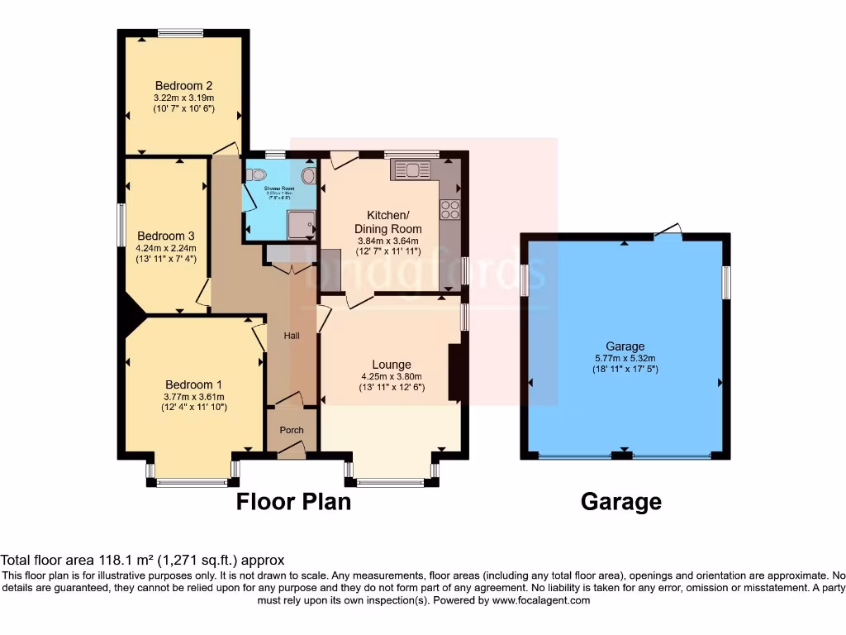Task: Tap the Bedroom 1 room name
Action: click(x=193, y=384)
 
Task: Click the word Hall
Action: click(x=292, y=336)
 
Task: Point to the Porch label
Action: click(x=292, y=430)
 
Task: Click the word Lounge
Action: click(x=391, y=365)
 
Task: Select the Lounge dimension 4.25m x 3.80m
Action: click(x=391, y=376)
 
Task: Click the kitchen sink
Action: click(x=411, y=170)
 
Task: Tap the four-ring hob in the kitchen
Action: click(x=450, y=210)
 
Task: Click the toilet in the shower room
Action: click(x=255, y=174)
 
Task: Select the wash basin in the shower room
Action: click(x=309, y=175)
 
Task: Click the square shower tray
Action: click(x=299, y=224)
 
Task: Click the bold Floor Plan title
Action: click(x=293, y=501)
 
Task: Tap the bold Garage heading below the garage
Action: click(x=621, y=501)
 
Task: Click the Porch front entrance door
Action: click(x=291, y=449)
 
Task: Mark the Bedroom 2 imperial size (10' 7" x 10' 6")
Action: click(x=183, y=109)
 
